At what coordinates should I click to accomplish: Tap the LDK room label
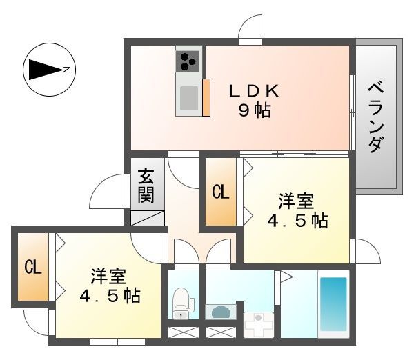255,90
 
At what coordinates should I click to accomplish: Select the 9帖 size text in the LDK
255,110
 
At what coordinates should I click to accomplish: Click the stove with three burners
188,62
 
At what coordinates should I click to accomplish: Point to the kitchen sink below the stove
188,99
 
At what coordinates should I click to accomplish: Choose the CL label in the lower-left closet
32,267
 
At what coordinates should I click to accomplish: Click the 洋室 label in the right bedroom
297,201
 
